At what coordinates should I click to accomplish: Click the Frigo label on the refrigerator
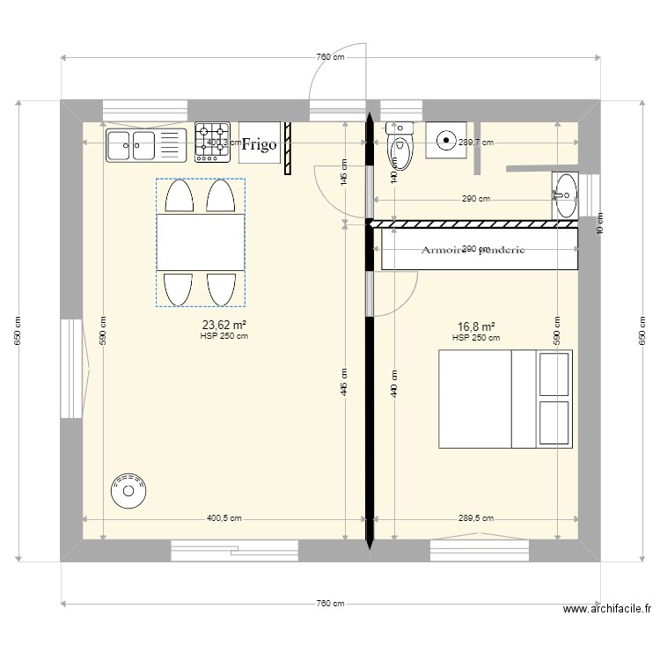[x=260, y=143]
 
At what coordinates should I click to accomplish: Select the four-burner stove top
[x=212, y=142]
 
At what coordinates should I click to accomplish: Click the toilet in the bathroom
[x=400, y=147]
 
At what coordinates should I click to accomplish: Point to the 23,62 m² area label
[x=224, y=325]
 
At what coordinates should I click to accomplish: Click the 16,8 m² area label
[x=475, y=326]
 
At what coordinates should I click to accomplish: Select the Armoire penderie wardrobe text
[x=473, y=250]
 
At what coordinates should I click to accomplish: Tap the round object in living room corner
[x=128, y=491]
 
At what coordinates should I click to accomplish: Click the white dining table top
[x=200, y=242]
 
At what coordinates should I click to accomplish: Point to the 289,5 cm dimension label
[x=475, y=519]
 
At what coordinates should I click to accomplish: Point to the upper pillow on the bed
[x=554, y=375]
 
